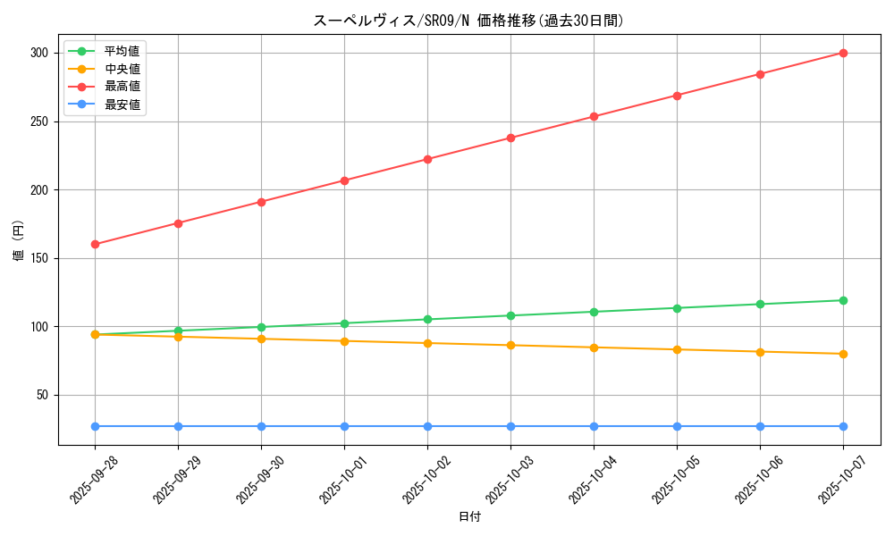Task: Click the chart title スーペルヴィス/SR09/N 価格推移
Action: point(468,21)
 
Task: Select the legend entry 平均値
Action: point(122,51)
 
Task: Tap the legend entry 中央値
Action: point(122,69)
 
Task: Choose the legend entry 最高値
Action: point(122,87)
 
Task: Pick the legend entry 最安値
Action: point(122,105)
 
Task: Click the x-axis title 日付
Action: point(469,517)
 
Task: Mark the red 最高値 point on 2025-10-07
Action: point(843,53)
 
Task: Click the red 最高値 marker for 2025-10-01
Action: point(344,180)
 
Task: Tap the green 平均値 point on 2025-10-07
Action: point(843,300)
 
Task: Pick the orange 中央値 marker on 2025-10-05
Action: point(677,349)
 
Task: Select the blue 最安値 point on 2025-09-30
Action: point(261,426)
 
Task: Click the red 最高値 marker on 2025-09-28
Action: point(95,244)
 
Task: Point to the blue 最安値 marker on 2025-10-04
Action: point(594,426)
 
